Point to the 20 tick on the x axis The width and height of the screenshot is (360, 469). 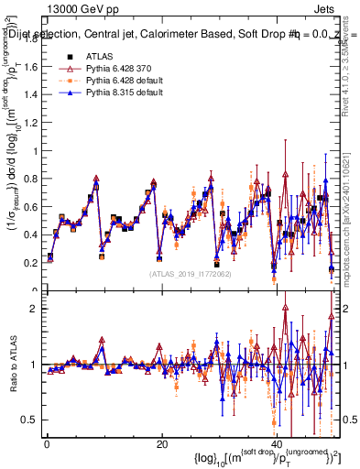pyautogui.click(x=161, y=444)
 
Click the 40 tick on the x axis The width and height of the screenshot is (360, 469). pyautogui.click(x=276, y=444)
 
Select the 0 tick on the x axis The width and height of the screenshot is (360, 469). pyautogui.click(x=47, y=444)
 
